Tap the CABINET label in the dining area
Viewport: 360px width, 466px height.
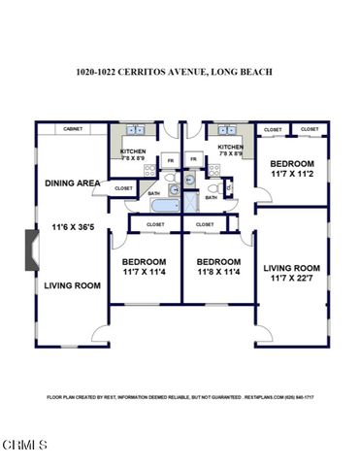tap(73, 129)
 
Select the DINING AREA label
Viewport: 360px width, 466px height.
tap(72, 183)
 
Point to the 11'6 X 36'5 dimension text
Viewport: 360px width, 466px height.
tap(73, 228)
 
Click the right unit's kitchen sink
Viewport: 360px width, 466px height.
tap(229, 130)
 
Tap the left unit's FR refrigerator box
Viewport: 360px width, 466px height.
tap(171, 159)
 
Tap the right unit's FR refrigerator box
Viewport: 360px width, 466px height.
tap(193, 159)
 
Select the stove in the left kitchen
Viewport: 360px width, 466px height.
tap(149, 170)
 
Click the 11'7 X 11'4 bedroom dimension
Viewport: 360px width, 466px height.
tap(144, 273)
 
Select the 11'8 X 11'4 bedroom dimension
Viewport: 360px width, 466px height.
tap(217, 273)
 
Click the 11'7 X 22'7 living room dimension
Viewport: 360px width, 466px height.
tap(292, 278)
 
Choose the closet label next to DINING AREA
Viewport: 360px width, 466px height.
tap(123, 188)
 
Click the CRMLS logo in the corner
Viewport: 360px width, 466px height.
tap(24, 445)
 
